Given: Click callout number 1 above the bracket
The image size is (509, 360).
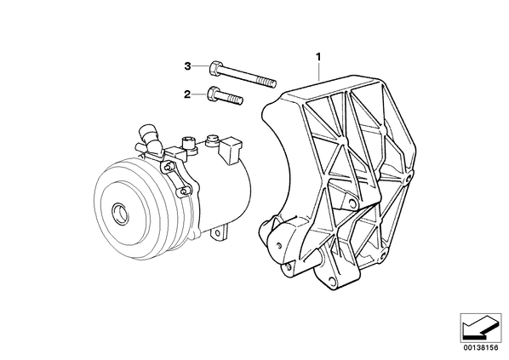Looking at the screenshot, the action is click(319, 57).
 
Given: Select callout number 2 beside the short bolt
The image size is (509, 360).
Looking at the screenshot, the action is click(187, 94).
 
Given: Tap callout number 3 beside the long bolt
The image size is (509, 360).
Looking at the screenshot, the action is click(187, 66).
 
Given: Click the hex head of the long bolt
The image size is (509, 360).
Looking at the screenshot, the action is click(214, 68).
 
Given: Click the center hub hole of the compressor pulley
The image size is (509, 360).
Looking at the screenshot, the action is click(118, 213).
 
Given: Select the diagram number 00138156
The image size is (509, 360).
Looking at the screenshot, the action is click(480, 348).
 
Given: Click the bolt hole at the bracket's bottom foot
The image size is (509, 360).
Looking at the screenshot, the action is click(330, 280).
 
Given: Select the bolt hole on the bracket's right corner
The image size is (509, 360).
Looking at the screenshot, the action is click(409, 177).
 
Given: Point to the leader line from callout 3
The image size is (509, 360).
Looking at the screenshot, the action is click(200, 66).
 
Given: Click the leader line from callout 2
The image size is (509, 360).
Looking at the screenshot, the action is click(198, 94).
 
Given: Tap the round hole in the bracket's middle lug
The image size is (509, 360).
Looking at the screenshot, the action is click(352, 203).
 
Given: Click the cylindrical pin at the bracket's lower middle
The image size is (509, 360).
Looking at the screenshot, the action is click(320, 254).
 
